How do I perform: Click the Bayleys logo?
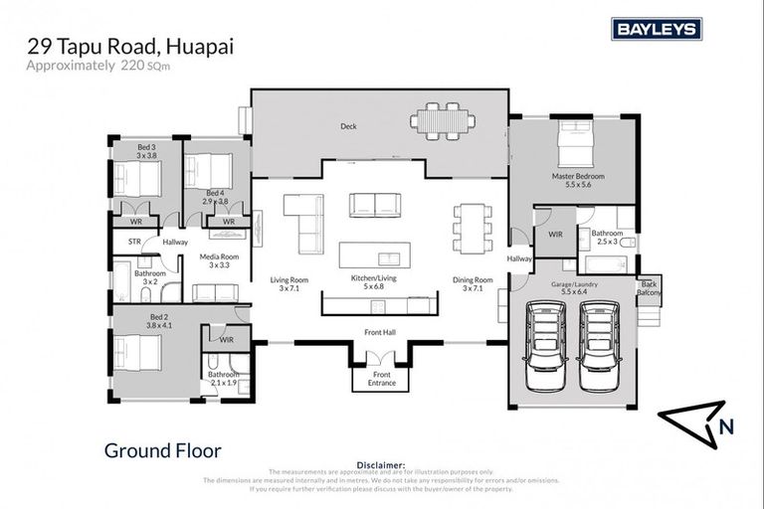point(657,29)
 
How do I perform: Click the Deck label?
point(348,126)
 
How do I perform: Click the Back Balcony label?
point(649,288)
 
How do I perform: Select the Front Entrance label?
point(382,379)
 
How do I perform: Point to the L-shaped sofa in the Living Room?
point(305,222)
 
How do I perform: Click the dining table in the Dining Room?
point(471,228)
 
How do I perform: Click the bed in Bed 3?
point(136,179)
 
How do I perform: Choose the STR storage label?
point(134,241)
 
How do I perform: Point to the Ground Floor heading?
point(163,450)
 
